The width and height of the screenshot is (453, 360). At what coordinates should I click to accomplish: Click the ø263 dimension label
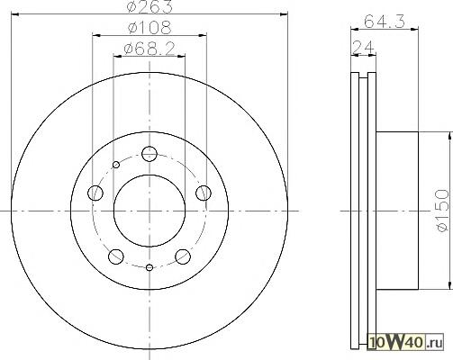click(x=149, y=6)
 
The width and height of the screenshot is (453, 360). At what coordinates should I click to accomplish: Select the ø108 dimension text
click(x=149, y=27)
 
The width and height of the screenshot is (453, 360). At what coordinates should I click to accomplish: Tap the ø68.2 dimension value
click(x=149, y=49)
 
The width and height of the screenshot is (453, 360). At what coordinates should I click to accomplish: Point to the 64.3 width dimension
click(x=385, y=22)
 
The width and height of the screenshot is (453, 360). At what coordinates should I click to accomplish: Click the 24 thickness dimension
click(x=364, y=48)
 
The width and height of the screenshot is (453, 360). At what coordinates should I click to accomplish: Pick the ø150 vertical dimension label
click(x=443, y=210)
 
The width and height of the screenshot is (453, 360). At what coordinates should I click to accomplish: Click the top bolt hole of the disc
click(x=149, y=154)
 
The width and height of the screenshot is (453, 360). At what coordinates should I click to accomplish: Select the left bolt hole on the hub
click(x=95, y=193)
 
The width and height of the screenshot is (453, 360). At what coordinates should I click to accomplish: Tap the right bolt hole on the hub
click(x=204, y=193)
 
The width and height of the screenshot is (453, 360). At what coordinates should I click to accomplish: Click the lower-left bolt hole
click(x=116, y=256)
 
